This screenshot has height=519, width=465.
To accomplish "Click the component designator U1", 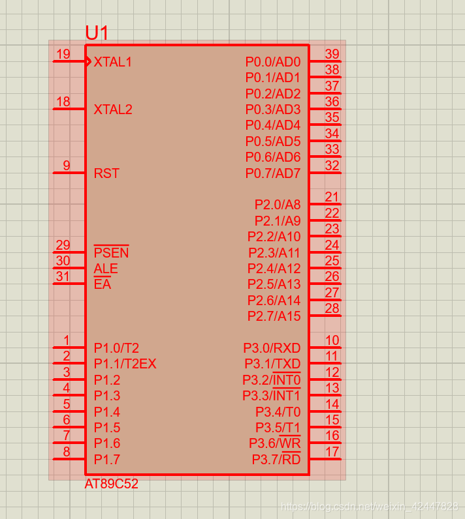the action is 97,33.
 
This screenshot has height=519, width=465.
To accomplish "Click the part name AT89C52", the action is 111,484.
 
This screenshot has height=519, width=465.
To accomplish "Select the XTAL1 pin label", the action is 113,62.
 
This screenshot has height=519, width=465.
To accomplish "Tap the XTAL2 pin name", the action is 113,110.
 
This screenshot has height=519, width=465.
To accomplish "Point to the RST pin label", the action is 106,173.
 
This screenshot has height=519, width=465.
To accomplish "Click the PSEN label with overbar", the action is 111,253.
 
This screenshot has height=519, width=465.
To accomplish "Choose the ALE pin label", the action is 106,269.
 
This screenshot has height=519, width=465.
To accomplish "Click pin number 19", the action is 63,54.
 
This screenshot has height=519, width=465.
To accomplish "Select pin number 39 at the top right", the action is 332,54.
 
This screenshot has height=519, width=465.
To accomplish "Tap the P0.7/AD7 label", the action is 273,173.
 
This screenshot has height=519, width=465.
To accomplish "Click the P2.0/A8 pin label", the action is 278,205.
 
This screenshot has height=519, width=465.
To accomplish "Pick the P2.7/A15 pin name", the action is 274,316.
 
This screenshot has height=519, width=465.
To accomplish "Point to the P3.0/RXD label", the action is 272,348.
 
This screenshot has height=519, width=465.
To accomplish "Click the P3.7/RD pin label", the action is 276,460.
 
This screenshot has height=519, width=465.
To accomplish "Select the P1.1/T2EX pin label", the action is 125,364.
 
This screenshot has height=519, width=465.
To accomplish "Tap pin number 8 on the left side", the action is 66,451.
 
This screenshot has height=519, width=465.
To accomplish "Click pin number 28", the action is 332,308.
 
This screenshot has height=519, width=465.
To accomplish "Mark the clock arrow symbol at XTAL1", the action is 88,61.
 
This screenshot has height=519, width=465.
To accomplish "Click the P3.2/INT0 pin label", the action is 272,380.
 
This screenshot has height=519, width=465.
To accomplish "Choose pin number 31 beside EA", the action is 63,276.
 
